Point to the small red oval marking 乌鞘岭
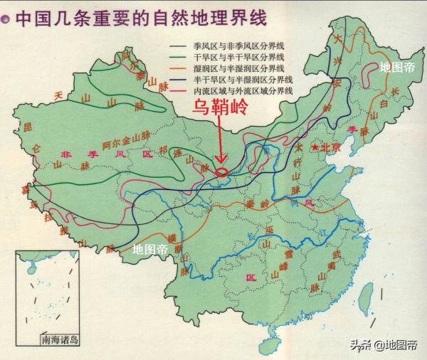(x=222, y=171)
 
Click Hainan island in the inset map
(x=29, y=270)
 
